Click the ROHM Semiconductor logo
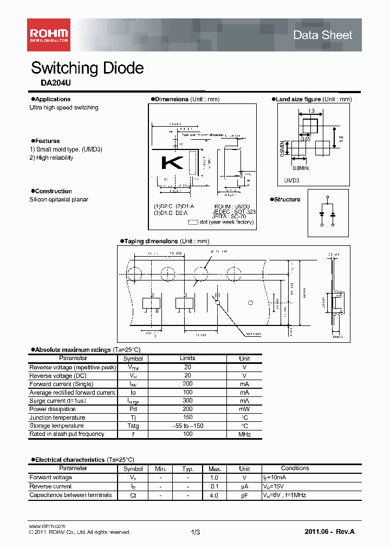pyautogui.click(x=49, y=35)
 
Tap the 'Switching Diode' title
pyautogui.click(x=87, y=68)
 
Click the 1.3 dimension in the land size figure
pyautogui.click(x=311, y=111)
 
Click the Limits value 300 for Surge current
pyautogui.click(x=187, y=401)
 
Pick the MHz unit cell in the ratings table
pyautogui.click(x=244, y=434)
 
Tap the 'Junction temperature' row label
pyautogui.click(x=57, y=417)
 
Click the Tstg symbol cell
pyautogui.click(x=133, y=426)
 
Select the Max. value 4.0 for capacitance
pyautogui.click(x=214, y=495)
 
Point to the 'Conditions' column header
pyautogui.click(x=295, y=468)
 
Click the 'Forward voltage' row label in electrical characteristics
pyautogui.click(x=50, y=478)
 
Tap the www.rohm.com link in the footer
pyautogui.click(x=47, y=526)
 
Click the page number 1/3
pyautogui.click(x=196, y=533)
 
